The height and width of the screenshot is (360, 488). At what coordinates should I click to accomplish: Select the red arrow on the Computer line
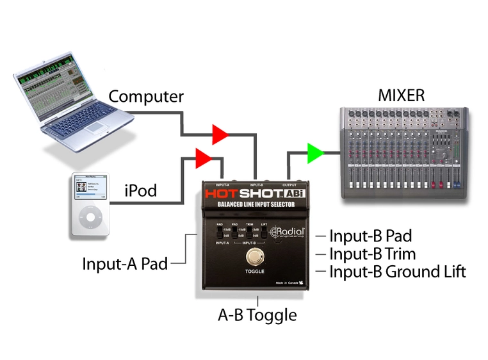pyautogui.click(x=220, y=135)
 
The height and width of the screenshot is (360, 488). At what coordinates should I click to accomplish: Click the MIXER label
pyautogui.click(x=401, y=97)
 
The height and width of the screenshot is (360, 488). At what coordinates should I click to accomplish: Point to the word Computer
pyautogui.click(x=146, y=97)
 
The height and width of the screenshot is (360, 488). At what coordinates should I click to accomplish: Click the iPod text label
pyautogui.click(x=140, y=190)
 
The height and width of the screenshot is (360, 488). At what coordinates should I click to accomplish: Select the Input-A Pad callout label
pyautogui.click(x=125, y=263)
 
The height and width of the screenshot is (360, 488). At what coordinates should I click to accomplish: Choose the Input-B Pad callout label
pyautogui.click(x=370, y=236)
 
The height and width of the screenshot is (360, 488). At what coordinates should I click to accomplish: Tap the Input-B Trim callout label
pyautogui.click(x=372, y=254)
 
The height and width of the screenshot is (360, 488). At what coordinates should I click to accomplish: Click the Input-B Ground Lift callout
pyautogui.click(x=397, y=272)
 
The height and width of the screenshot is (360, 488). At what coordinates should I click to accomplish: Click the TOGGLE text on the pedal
pyautogui.click(x=255, y=272)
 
